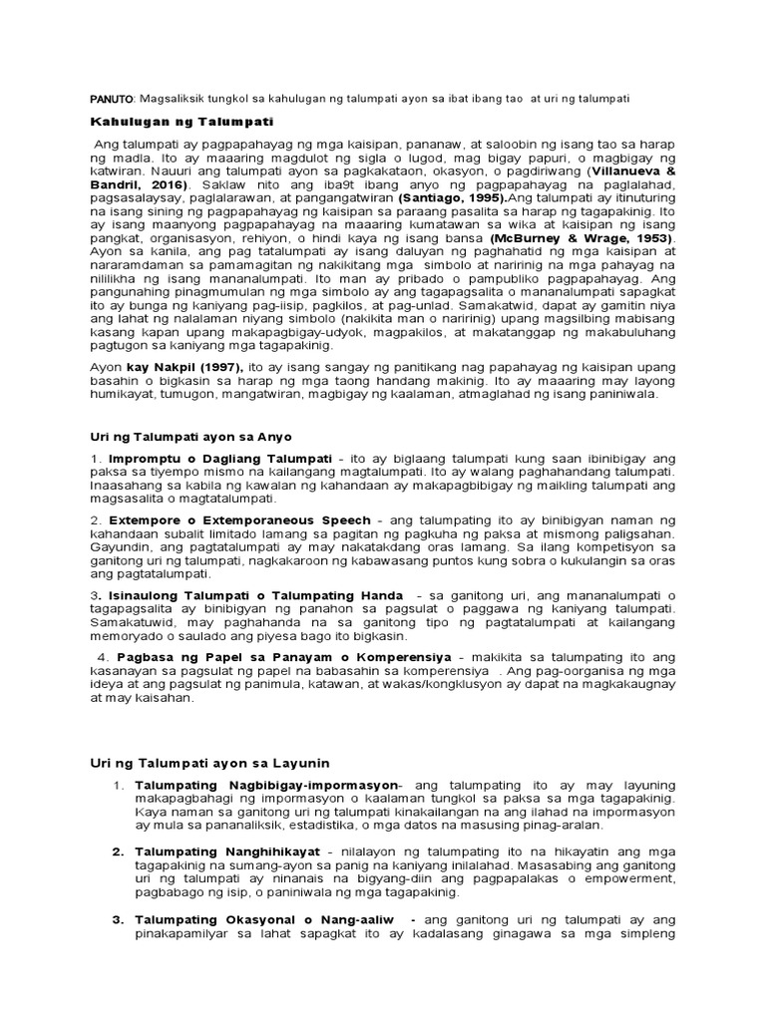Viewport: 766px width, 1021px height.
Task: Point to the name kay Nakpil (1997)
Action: (x=170, y=368)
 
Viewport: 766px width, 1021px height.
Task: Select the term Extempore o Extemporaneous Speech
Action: (x=238, y=520)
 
